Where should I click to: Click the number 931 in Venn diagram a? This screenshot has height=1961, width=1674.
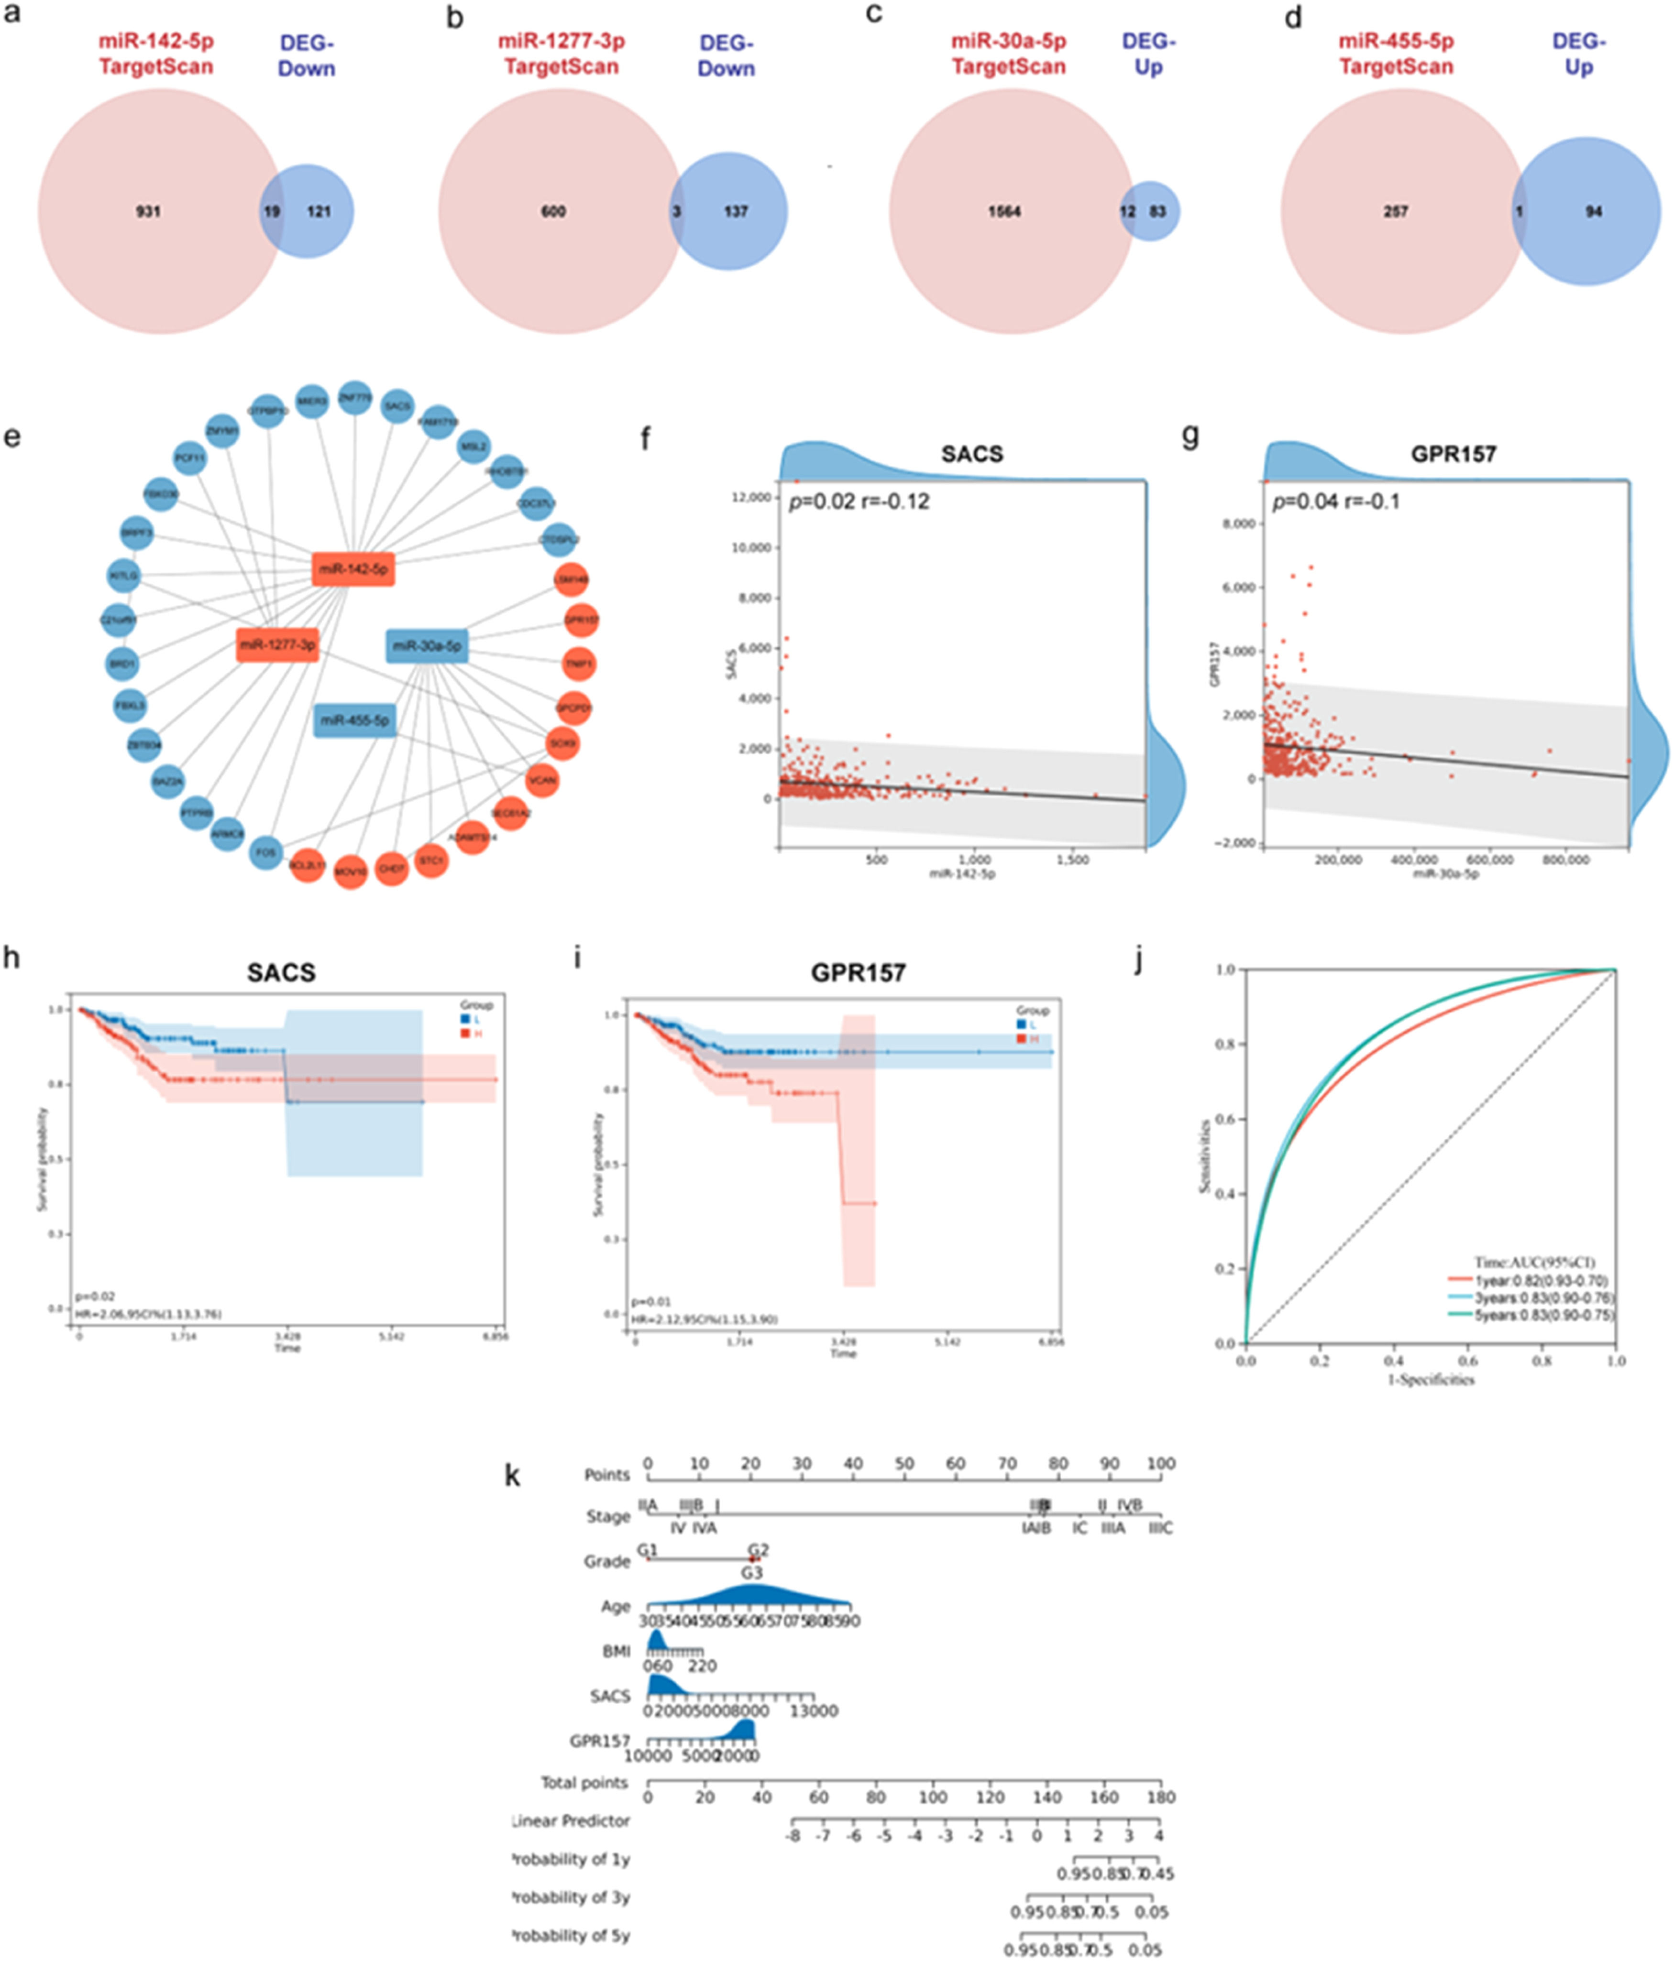(x=148, y=211)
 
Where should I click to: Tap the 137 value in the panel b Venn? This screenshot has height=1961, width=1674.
(x=736, y=211)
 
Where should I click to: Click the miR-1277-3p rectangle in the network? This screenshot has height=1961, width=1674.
(x=277, y=644)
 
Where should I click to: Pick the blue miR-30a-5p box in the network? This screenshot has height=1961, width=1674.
(x=427, y=645)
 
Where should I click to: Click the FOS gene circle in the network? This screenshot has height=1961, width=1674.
(x=266, y=852)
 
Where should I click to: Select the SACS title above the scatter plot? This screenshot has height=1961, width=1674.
(x=972, y=454)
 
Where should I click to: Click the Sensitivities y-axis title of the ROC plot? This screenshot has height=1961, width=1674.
(x=1204, y=1156)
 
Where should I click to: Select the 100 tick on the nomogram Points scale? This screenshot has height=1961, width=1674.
(x=1161, y=1463)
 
